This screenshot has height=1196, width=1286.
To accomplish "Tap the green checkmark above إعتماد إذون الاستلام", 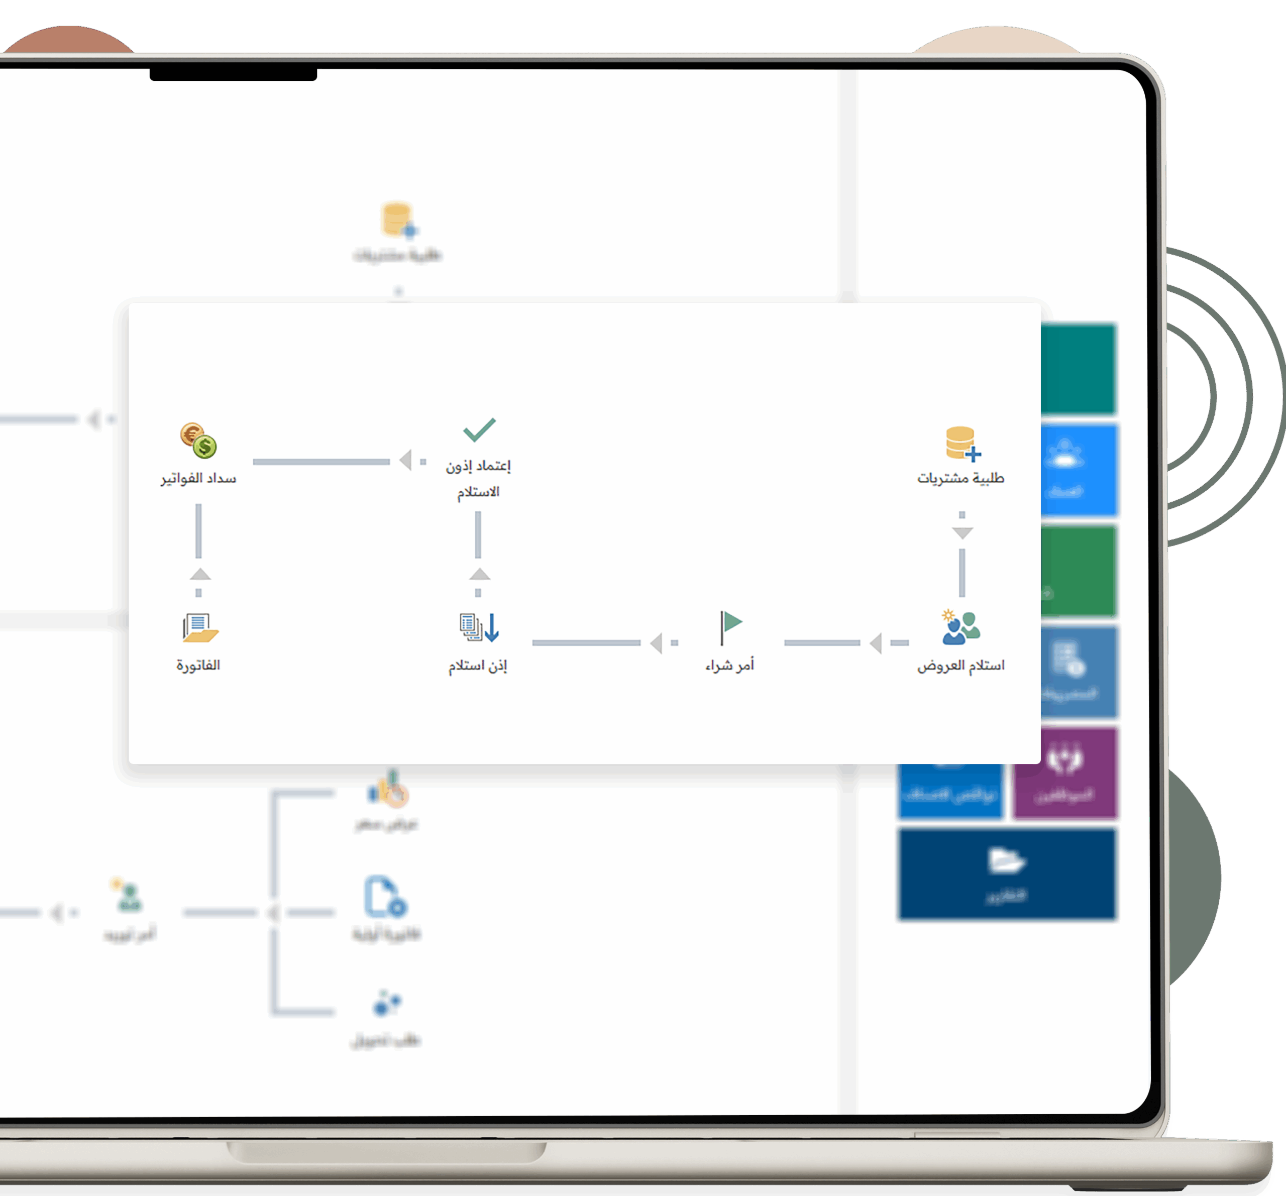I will click(479, 429).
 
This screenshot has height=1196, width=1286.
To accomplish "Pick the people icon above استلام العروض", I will click(960, 627).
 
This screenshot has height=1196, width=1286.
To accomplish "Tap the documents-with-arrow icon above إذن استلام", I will click(479, 627).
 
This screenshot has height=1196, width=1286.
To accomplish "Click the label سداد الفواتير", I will click(198, 478).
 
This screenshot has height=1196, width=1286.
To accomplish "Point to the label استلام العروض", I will click(960, 665).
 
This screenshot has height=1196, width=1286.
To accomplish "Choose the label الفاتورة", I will click(198, 665).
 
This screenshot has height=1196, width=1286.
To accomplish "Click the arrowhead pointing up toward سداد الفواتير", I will click(200, 574).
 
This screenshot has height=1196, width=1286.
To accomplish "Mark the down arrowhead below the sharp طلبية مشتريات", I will click(962, 533).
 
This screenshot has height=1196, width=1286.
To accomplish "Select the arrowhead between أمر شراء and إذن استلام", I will click(657, 643).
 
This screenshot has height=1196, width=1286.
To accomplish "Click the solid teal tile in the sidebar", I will click(1079, 369).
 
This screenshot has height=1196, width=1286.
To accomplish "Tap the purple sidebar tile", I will click(1064, 773).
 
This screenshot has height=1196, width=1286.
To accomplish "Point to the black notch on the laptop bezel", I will click(233, 74).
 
